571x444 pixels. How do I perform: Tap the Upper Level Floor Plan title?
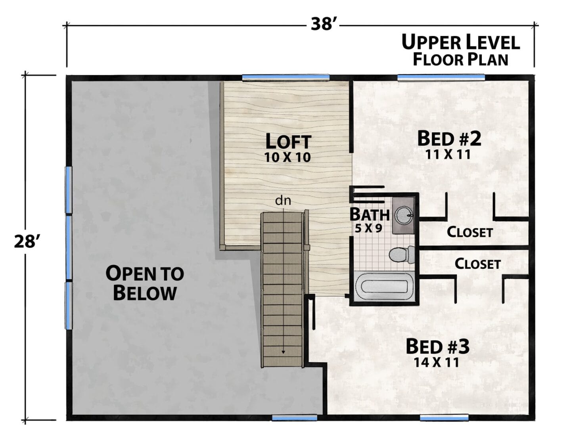pos(461,50)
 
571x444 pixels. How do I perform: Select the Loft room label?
pos(288,141)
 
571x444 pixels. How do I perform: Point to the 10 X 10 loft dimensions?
pos(287,157)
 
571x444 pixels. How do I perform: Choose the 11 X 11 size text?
pos(448,155)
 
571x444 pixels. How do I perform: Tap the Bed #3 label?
pos(437,346)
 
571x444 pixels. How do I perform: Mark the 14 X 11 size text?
pos(437,363)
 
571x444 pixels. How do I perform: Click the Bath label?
pos(369,214)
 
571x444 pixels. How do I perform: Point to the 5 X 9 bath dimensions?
pos(368,229)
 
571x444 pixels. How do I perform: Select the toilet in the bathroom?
pos(402,255)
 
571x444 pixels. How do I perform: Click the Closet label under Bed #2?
pos(469,232)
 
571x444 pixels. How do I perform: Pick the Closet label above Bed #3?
pos(477,264)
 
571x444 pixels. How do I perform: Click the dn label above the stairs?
pos(283,201)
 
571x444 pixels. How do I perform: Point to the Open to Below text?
pos(145,283)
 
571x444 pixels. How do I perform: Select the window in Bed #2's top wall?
pos(441,78)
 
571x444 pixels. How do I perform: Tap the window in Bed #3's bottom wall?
pos(444,417)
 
